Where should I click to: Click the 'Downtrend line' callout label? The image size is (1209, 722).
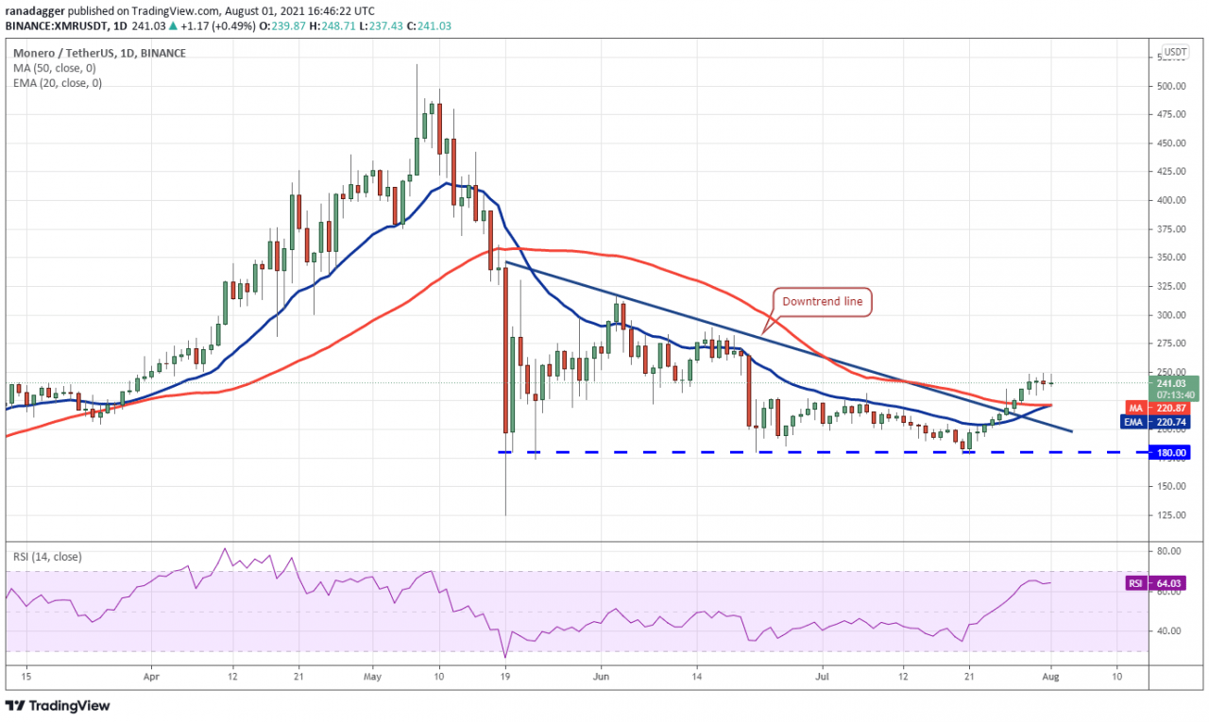821,302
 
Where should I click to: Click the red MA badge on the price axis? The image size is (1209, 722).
1136,407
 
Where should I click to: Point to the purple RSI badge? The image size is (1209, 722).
1136,583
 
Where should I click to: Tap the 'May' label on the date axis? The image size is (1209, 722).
372,677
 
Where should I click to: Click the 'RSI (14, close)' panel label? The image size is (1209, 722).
49,557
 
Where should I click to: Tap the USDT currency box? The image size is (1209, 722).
1175,52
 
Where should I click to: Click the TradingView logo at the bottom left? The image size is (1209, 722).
58,705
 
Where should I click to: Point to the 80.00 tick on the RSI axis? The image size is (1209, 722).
1168,551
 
